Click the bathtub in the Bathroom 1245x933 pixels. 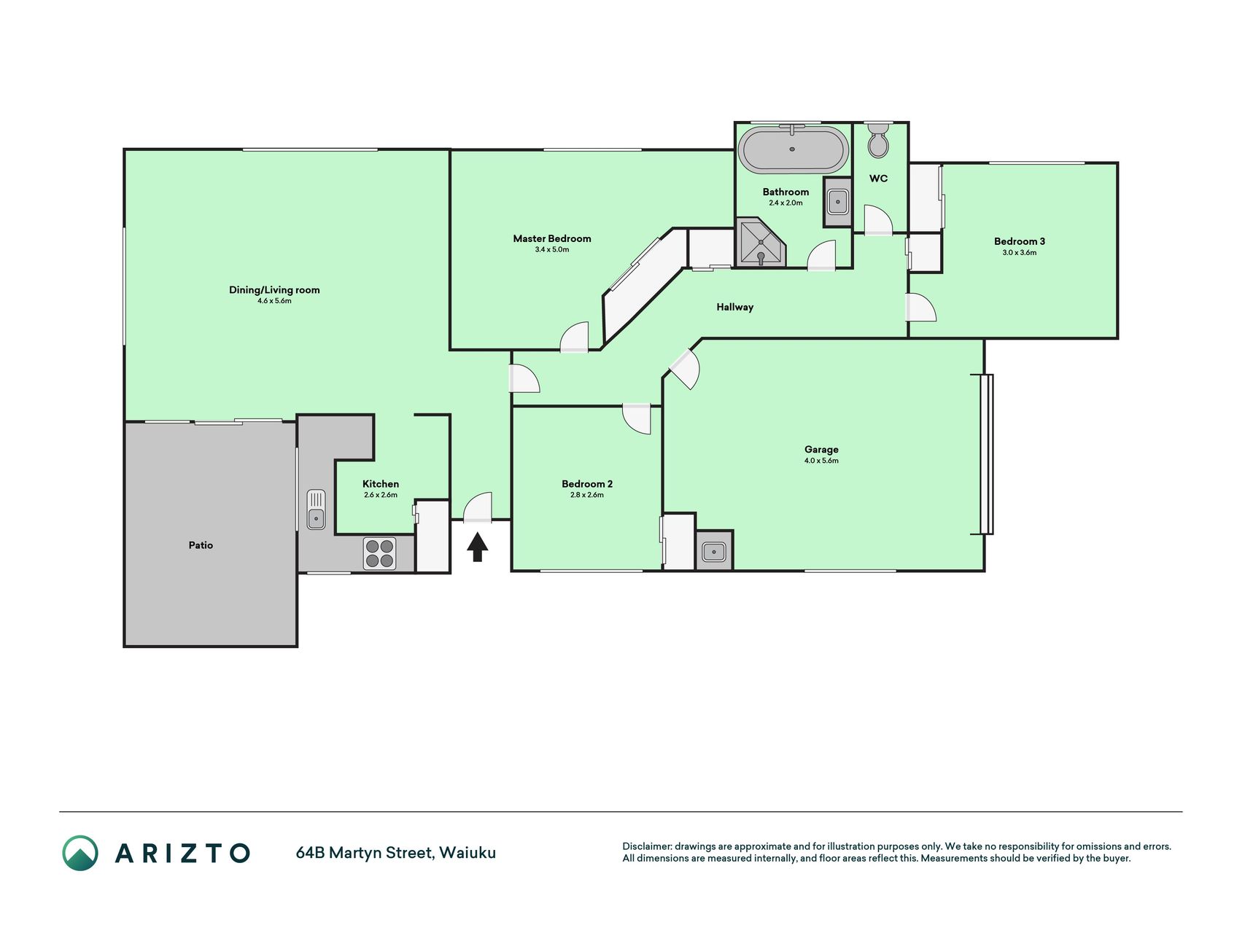tap(793, 149)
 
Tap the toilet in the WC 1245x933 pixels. tap(878, 140)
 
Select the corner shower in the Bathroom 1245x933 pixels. tap(760, 242)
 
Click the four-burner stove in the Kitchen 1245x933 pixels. tap(379, 553)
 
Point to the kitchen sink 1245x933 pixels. tap(316, 510)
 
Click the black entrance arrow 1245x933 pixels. tap(477, 547)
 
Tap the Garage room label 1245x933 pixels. tap(821, 450)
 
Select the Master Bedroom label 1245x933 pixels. tap(552, 238)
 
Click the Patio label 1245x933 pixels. tap(201, 545)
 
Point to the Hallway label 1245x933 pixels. tap(734, 307)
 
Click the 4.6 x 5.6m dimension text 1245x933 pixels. tap(274, 301)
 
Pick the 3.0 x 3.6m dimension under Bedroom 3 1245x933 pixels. tap(1019, 253)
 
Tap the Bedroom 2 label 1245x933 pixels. tap(587, 484)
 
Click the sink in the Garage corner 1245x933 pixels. tap(714, 551)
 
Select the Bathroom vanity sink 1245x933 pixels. tap(837, 201)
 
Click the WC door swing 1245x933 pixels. tap(878, 220)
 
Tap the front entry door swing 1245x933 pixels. tap(478, 507)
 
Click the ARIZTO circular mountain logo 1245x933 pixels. tap(80, 853)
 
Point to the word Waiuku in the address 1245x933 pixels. tap(468, 853)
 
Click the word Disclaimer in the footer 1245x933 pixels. tap(646, 846)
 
